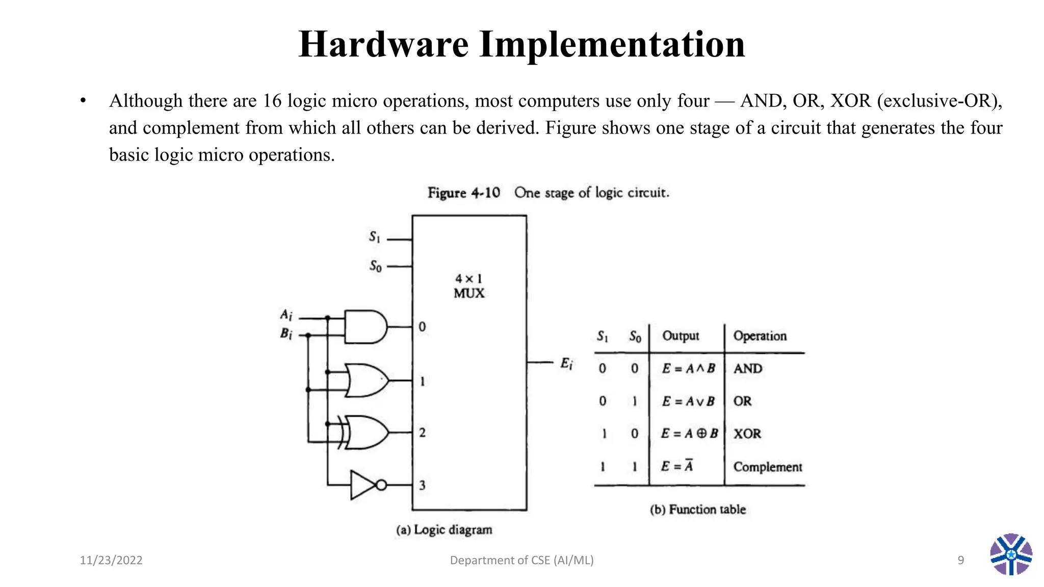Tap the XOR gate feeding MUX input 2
366,432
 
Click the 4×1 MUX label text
469,286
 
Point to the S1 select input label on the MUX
375,237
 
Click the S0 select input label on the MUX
375,266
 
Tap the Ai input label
286,314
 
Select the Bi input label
286,334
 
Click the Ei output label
566,363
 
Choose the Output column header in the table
681,336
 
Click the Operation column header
760,336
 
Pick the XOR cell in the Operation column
747,434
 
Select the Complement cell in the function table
767,467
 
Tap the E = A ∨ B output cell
688,402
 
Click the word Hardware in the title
383,44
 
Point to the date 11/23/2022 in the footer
111,560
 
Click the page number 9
960,560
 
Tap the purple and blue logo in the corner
1011,554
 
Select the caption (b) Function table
698,510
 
